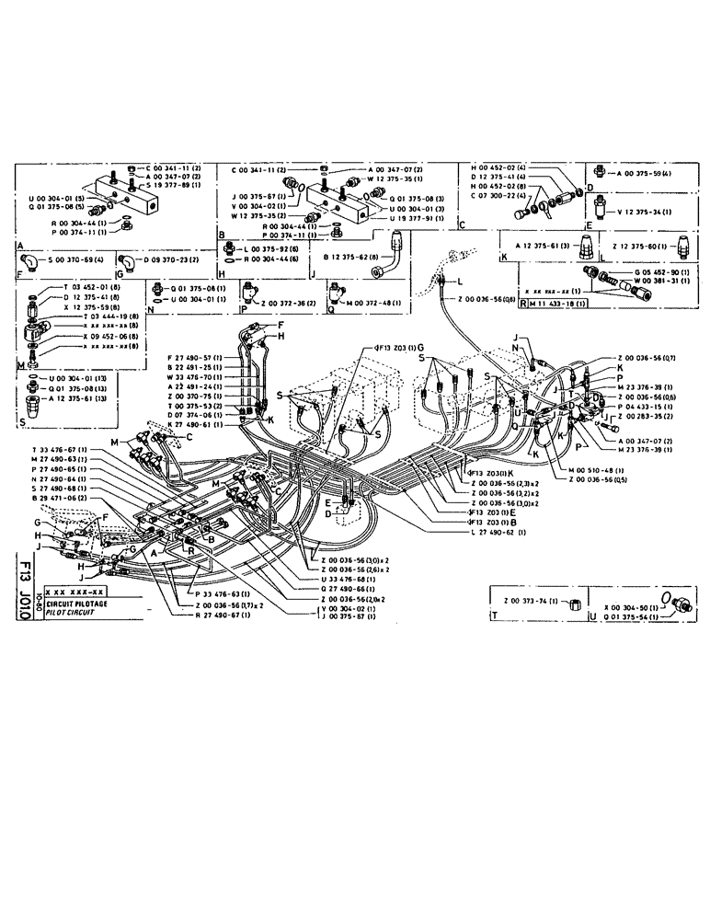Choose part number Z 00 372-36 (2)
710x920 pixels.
tap(292, 303)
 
